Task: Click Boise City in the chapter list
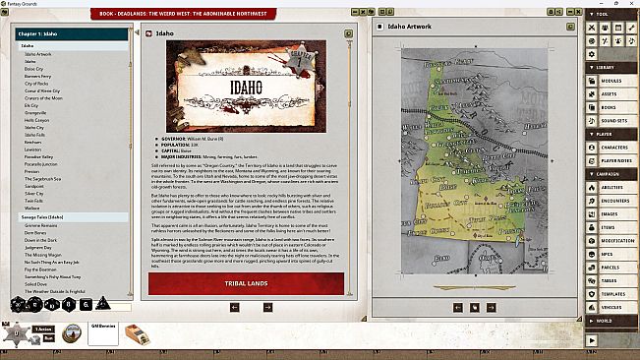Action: click(x=35, y=68)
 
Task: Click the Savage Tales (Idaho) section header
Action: click(x=42, y=216)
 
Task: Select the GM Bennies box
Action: click(x=102, y=334)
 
